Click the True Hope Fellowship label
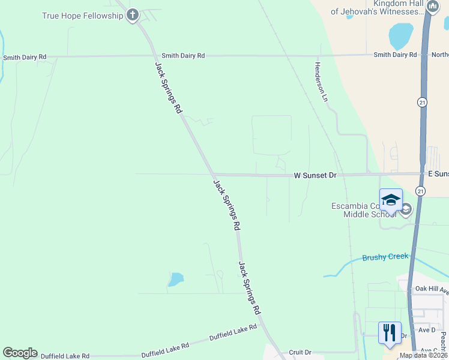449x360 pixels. pos(82,16)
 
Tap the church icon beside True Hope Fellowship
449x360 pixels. pos(133,16)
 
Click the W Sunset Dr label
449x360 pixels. pos(315,175)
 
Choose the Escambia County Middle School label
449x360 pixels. pos(364,210)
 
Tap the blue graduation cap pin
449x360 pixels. pos(391,200)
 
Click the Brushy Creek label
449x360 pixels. pos(385,257)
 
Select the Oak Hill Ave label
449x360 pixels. pos(432,289)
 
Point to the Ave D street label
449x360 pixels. pos(426,330)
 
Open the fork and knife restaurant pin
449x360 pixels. pos(390,332)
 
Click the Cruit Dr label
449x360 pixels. pos(300,352)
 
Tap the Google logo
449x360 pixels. pos(20,353)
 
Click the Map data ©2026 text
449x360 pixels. pos(423,355)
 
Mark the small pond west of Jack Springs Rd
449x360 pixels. pos(175,279)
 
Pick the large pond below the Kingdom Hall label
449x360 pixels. pos(400,36)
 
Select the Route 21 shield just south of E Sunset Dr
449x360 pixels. pos(420,191)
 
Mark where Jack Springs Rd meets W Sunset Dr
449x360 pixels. pos(212,175)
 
